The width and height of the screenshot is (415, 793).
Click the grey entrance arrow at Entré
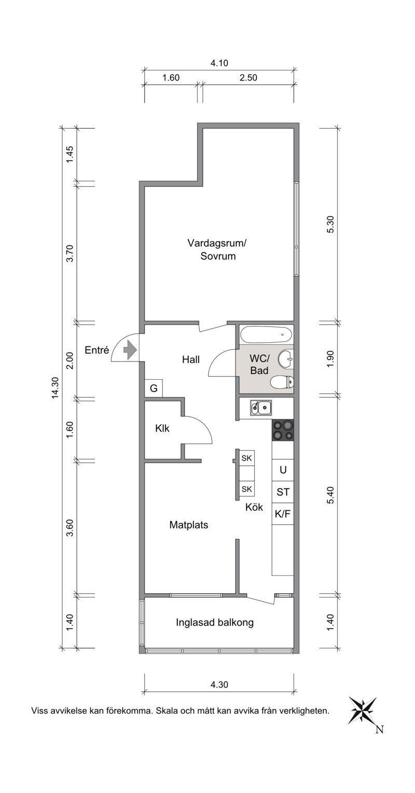click(130, 350)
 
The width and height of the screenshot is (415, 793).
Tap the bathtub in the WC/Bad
click(266, 335)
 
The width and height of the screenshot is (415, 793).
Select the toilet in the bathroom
click(282, 382)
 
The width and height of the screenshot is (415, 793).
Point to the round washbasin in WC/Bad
click(285, 358)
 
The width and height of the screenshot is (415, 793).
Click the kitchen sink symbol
click(260, 408)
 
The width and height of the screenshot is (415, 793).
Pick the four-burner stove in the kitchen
click(283, 430)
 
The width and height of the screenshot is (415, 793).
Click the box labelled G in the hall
click(154, 388)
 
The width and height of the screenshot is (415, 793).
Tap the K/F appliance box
click(283, 513)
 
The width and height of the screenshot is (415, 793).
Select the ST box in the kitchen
click(283, 492)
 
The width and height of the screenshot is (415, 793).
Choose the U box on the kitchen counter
click(283, 470)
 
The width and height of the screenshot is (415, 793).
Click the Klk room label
click(162, 428)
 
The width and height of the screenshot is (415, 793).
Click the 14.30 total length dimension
click(55, 388)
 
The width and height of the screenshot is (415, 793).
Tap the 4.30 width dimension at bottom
click(219, 684)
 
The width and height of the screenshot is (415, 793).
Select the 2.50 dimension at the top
click(248, 77)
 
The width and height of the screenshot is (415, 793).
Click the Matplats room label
click(188, 525)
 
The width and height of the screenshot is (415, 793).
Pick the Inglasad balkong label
click(215, 623)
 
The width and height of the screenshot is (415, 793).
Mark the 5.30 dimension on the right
click(330, 224)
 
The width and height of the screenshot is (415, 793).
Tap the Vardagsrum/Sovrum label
click(218, 249)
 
